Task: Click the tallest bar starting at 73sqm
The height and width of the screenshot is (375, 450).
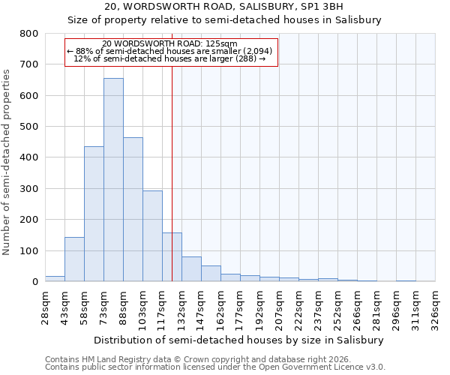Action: point(113,180)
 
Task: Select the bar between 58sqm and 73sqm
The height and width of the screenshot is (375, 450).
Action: point(94,214)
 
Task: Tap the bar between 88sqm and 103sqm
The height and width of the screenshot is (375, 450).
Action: point(133,209)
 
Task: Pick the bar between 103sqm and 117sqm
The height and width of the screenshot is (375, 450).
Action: point(152,236)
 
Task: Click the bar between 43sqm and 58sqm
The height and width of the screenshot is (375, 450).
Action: point(74,259)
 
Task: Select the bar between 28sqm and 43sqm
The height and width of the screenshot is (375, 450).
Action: point(55,278)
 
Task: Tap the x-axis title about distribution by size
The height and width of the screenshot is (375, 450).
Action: point(239,340)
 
